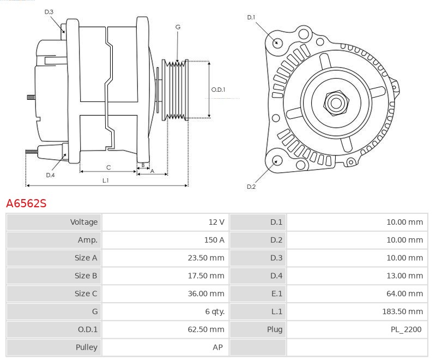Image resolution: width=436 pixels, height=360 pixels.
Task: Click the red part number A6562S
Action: click(26, 203)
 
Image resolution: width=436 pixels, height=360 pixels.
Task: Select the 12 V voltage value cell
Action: click(216, 222)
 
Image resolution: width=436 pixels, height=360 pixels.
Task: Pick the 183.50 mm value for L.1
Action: click(402, 311)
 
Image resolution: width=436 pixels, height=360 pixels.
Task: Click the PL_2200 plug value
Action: click(405, 329)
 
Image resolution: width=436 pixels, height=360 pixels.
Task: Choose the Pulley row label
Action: click(87, 347)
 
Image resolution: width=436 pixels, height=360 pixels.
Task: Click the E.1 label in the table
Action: click(276, 293)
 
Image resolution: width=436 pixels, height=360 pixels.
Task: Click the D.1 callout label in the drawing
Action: click(251, 17)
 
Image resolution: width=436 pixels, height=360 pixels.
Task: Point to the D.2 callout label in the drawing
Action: click(251, 187)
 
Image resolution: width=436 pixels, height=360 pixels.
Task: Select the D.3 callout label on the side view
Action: click(49, 11)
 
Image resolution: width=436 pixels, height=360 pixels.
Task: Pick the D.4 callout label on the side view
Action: click(50, 175)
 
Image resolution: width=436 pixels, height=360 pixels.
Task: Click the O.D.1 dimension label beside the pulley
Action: click(218, 90)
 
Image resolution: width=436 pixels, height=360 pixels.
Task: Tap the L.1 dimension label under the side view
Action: click(105, 180)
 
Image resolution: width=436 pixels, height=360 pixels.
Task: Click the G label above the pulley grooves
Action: click(178, 27)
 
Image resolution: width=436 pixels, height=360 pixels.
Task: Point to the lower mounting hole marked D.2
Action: click(276, 160)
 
